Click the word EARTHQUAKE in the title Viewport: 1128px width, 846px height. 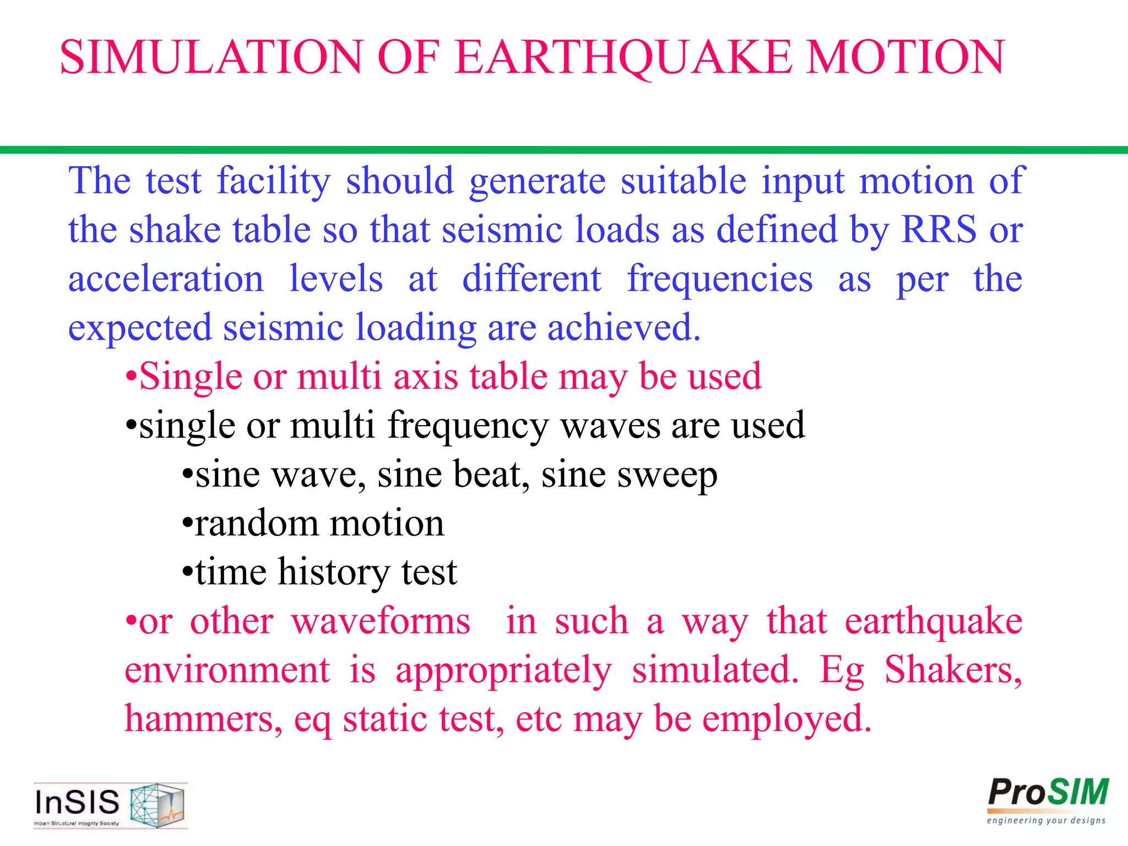coord(624,57)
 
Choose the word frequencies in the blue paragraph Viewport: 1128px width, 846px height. coord(720,278)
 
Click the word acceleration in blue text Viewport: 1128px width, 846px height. coord(166,278)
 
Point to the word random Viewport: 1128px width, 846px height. coord(257,523)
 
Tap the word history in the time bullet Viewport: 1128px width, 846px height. coord(333,572)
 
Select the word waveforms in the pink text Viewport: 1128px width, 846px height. coord(381,621)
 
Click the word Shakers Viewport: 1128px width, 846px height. coord(953,670)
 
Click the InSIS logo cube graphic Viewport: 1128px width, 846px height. coord(158,805)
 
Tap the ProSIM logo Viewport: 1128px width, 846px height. coord(1048,800)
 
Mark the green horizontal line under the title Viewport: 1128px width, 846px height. coord(564,150)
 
